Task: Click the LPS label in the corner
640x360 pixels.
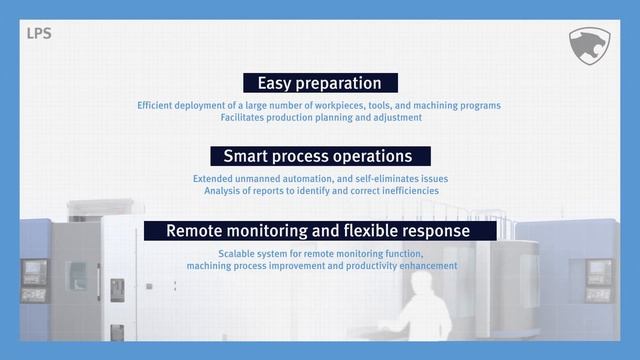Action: coord(39,33)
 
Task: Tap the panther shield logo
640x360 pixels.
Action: coord(589,46)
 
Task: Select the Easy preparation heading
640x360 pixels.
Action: coord(319,83)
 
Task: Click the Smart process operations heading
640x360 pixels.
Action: coord(318,156)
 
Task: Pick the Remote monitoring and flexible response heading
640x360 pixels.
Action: coord(318,231)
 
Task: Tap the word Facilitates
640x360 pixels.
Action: coord(245,117)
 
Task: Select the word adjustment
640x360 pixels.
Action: coord(395,117)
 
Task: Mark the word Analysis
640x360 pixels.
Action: coord(226,190)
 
